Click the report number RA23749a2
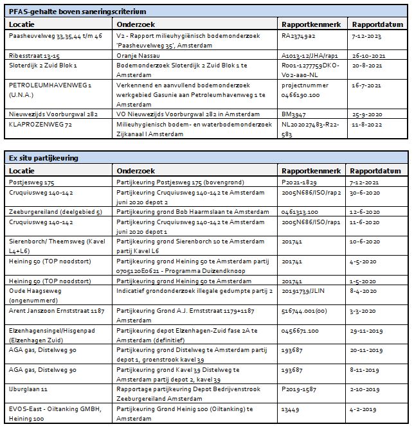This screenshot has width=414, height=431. click(299, 37)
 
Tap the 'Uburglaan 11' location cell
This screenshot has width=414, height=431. click(27, 388)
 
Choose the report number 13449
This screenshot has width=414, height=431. click(292, 407)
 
